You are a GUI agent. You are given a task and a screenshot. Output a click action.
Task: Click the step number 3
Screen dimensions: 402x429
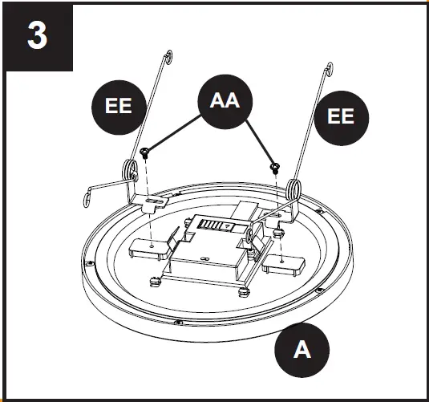click(38, 38)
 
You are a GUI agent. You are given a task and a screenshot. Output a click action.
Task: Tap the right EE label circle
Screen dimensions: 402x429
click(341, 116)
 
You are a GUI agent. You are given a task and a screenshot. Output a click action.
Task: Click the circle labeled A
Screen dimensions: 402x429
click(302, 350)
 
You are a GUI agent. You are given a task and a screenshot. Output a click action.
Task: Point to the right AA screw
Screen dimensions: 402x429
click(276, 167)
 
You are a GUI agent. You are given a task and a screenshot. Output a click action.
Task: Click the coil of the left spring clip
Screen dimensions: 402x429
click(130, 173)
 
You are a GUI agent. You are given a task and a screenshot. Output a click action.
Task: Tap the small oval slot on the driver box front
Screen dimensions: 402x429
click(206, 258)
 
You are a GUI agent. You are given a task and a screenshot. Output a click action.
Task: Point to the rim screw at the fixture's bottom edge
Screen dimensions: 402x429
click(178, 323)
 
